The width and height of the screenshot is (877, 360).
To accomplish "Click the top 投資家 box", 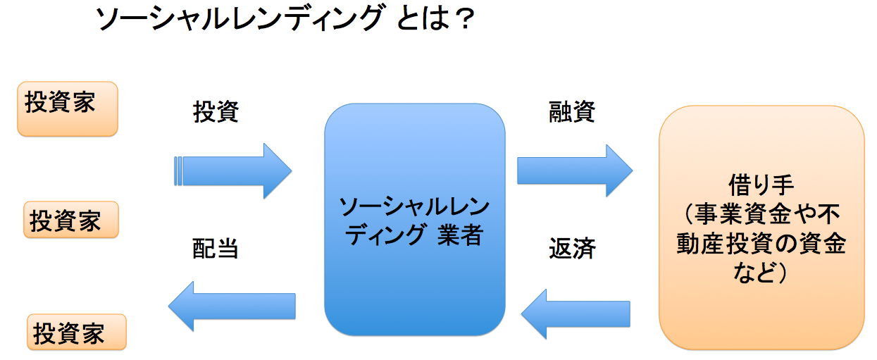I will click(x=67, y=108).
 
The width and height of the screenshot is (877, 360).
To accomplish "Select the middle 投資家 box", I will click(x=70, y=220).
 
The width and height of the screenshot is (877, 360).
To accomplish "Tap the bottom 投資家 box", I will click(x=76, y=332).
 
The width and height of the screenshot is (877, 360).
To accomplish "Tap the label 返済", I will click(x=572, y=249).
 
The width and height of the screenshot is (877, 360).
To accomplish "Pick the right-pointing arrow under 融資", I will click(x=574, y=171).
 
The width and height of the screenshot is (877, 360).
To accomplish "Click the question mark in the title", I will click(x=461, y=20).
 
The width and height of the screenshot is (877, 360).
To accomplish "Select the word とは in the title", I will click(x=420, y=20).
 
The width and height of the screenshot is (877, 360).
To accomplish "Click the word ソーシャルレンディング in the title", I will click(x=240, y=20).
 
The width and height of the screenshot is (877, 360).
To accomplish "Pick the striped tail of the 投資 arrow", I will click(x=178, y=171).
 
